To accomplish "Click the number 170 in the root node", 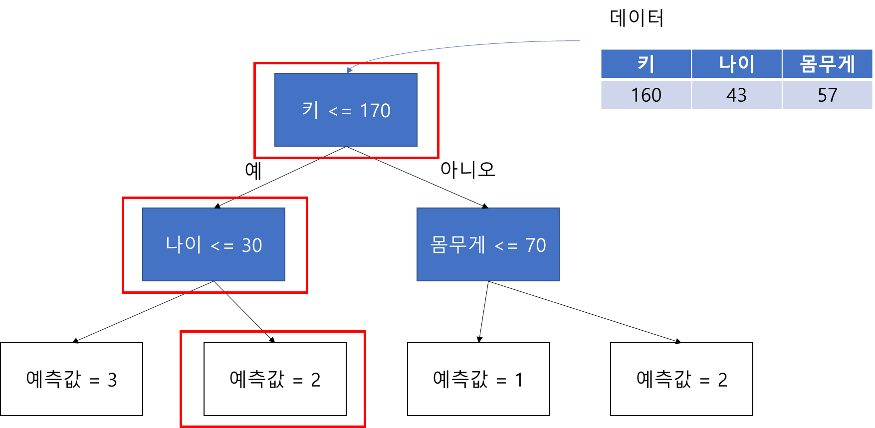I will coord(375,111).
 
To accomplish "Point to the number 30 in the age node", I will coord(252,245).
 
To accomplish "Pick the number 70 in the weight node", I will coord(536,245).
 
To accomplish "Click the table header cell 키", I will coord(646,64).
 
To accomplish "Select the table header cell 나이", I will coord(736,64).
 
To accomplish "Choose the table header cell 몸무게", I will coord(827,64).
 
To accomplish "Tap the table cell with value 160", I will coord(646,95).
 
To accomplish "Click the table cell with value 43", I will coord(736,95).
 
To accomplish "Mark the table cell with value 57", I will coord(827,95).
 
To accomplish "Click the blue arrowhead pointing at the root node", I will coord(349,69).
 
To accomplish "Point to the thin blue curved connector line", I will coord(474,46).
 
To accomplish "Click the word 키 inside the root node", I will coord(310,110).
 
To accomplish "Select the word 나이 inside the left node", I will coord(183,244).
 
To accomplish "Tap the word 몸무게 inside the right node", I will coord(457,244).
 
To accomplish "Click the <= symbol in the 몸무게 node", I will coord(506,246).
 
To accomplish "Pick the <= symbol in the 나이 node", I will coord(222,246).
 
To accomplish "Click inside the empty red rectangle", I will coord(272,379).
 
